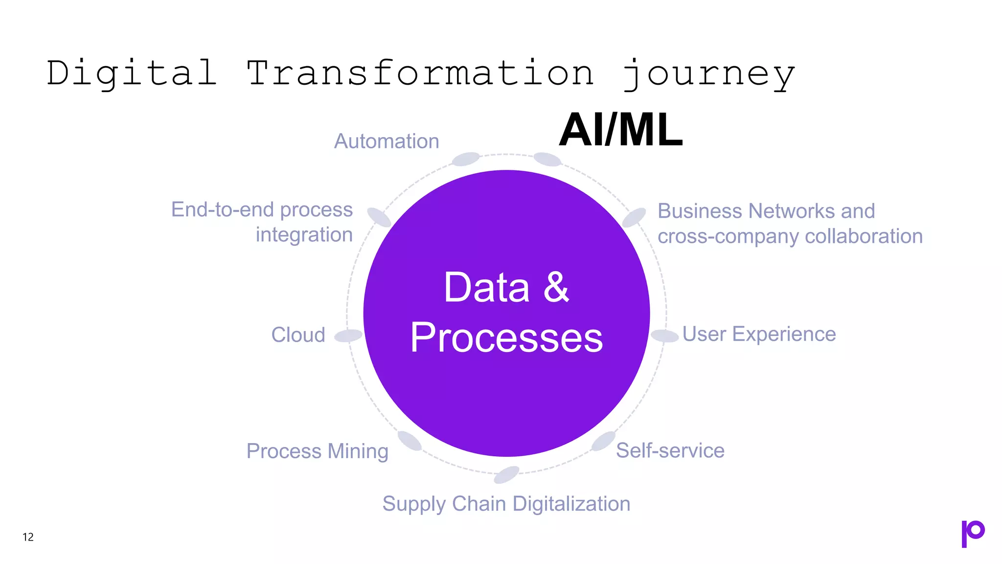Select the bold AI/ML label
[x=620, y=130]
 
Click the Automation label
[x=387, y=141]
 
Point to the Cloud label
[x=298, y=335]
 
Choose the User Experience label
[x=759, y=334]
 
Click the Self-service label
[x=670, y=450]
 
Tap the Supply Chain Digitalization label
[x=506, y=504]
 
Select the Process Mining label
[x=317, y=451]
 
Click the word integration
[x=304, y=235]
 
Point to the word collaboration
[x=864, y=236]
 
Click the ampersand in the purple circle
[x=556, y=287]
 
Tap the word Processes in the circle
[x=506, y=338]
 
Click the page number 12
[x=28, y=537]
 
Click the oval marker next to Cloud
[x=348, y=336]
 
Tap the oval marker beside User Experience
[x=664, y=336]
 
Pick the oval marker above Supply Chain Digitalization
[x=506, y=474]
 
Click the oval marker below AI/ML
[x=547, y=159]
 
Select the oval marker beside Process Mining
[x=410, y=441]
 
